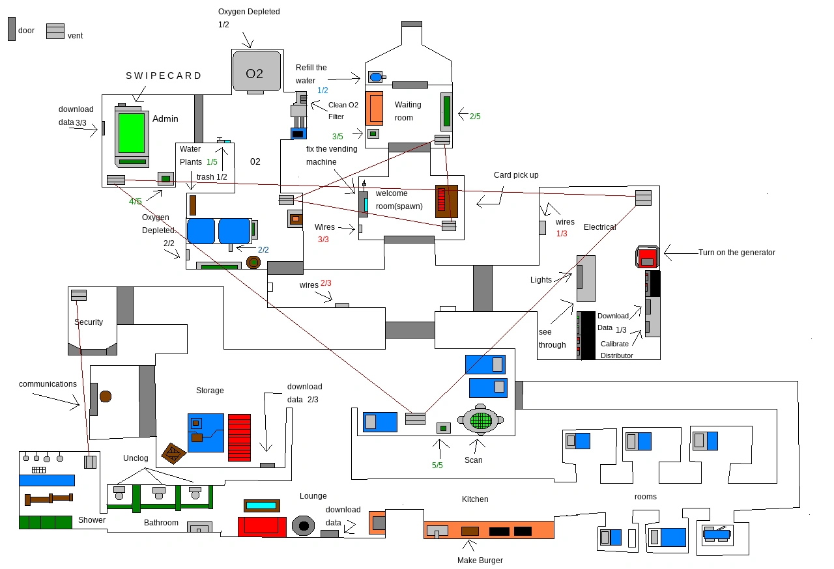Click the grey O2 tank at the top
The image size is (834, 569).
[x=256, y=71]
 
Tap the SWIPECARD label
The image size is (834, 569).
[x=164, y=76]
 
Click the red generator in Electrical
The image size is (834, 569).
[x=647, y=257]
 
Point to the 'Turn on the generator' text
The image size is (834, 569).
[x=736, y=253]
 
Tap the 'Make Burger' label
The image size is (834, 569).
[x=480, y=560]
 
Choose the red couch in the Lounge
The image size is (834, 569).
[x=261, y=527]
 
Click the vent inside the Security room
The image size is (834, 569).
[x=79, y=295]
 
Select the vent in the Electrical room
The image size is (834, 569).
[x=643, y=197]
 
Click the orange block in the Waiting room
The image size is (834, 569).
[x=374, y=108]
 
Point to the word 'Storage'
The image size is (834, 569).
[x=210, y=391]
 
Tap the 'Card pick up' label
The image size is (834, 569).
[x=516, y=175]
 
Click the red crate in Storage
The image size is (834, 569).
[x=239, y=437]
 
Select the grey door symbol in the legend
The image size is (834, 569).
[x=12, y=29]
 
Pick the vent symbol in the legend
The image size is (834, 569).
[x=55, y=31]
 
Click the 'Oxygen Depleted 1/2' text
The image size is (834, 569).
[x=249, y=18]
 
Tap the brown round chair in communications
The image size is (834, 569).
[x=105, y=396]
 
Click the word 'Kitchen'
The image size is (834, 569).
[x=475, y=499]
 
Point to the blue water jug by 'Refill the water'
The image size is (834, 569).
[x=375, y=77]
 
